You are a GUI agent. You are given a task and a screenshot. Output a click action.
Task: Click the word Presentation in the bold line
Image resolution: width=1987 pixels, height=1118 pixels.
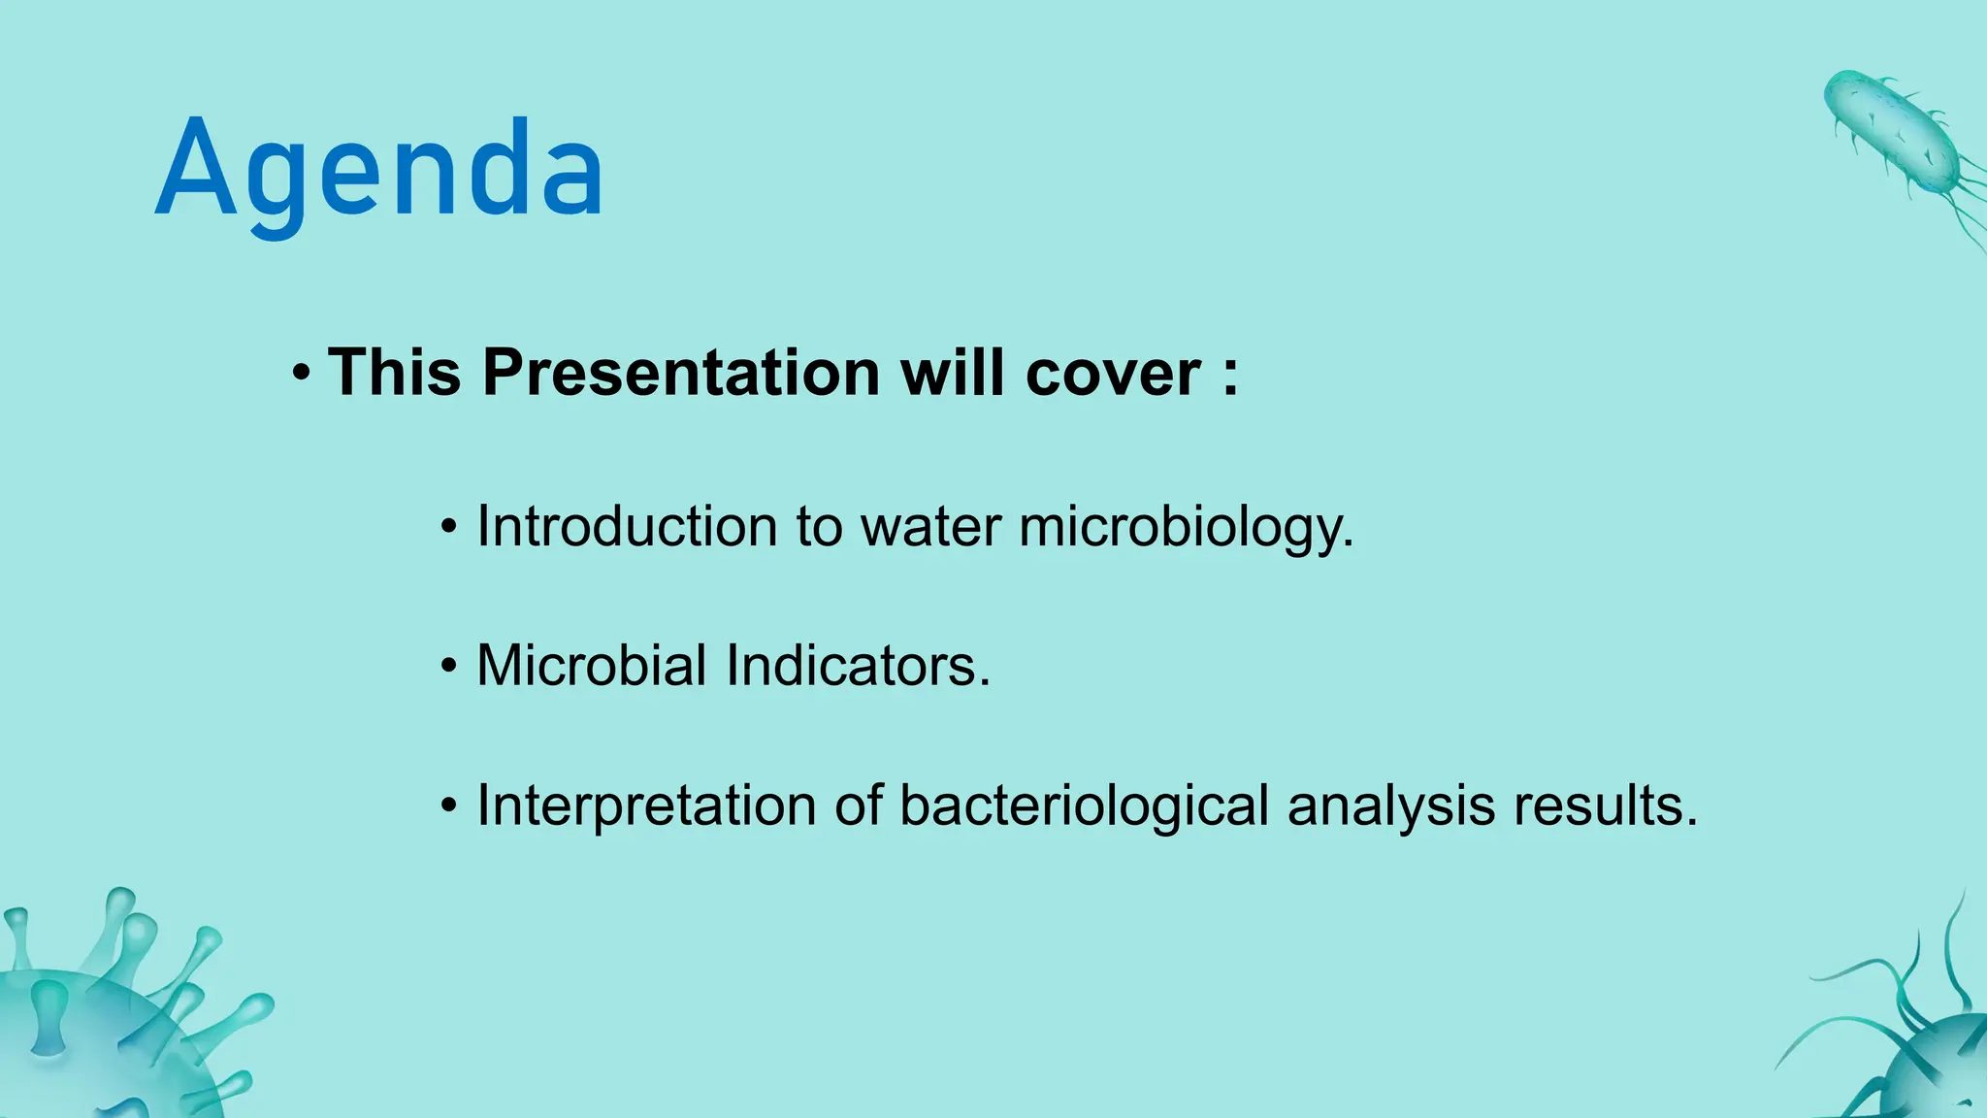point(681,373)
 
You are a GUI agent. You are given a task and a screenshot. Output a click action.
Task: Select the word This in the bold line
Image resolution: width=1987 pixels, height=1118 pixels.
point(394,373)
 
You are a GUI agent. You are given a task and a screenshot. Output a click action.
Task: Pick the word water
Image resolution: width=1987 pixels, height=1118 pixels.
point(931,527)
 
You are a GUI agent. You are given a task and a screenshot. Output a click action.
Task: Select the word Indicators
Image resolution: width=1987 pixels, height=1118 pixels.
point(859,667)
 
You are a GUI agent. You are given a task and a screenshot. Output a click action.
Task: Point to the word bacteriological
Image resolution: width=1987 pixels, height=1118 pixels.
point(1084,806)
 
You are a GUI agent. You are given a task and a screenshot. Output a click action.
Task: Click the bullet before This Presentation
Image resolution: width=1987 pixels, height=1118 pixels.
point(302,374)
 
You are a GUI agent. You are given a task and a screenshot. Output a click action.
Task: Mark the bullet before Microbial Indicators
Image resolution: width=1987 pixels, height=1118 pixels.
point(448,668)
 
